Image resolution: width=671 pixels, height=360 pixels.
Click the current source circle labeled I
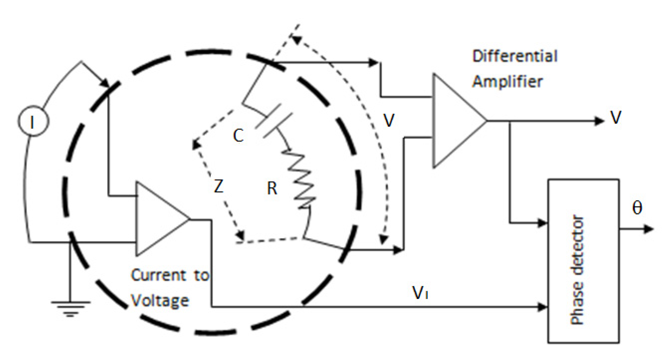(33, 121)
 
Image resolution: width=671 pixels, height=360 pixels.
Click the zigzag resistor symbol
(300, 179)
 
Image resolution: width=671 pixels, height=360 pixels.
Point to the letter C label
(238, 135)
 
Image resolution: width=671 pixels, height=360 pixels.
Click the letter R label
(272, 188)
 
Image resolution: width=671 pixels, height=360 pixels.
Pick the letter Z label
(219, 186)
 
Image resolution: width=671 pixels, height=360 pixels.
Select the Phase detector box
(583, 261)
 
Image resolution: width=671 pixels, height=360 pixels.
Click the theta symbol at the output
(637, 208)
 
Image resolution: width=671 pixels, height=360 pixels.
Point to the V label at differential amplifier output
(616, 117)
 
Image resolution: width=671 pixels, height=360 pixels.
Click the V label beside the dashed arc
(389, 120)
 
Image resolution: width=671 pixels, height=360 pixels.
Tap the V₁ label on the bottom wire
(420, 293)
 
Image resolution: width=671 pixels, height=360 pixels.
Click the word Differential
(515, 56)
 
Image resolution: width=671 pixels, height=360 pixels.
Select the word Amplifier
(507, 82)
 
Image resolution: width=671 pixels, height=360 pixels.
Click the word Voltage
(160, 301)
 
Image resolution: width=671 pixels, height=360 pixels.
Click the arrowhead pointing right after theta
(649, 229)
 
